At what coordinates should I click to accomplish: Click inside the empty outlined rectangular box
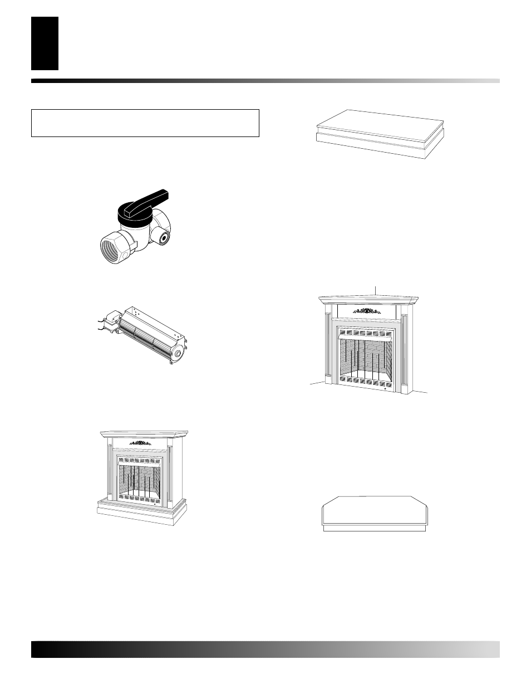click(145, 123)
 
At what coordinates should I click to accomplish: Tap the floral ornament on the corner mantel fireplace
click(366, 310)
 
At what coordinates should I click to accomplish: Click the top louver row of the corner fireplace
click(366, 334)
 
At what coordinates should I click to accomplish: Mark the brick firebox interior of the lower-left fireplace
click(142, 479)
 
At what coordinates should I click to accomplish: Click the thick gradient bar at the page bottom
click(265, 649)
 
